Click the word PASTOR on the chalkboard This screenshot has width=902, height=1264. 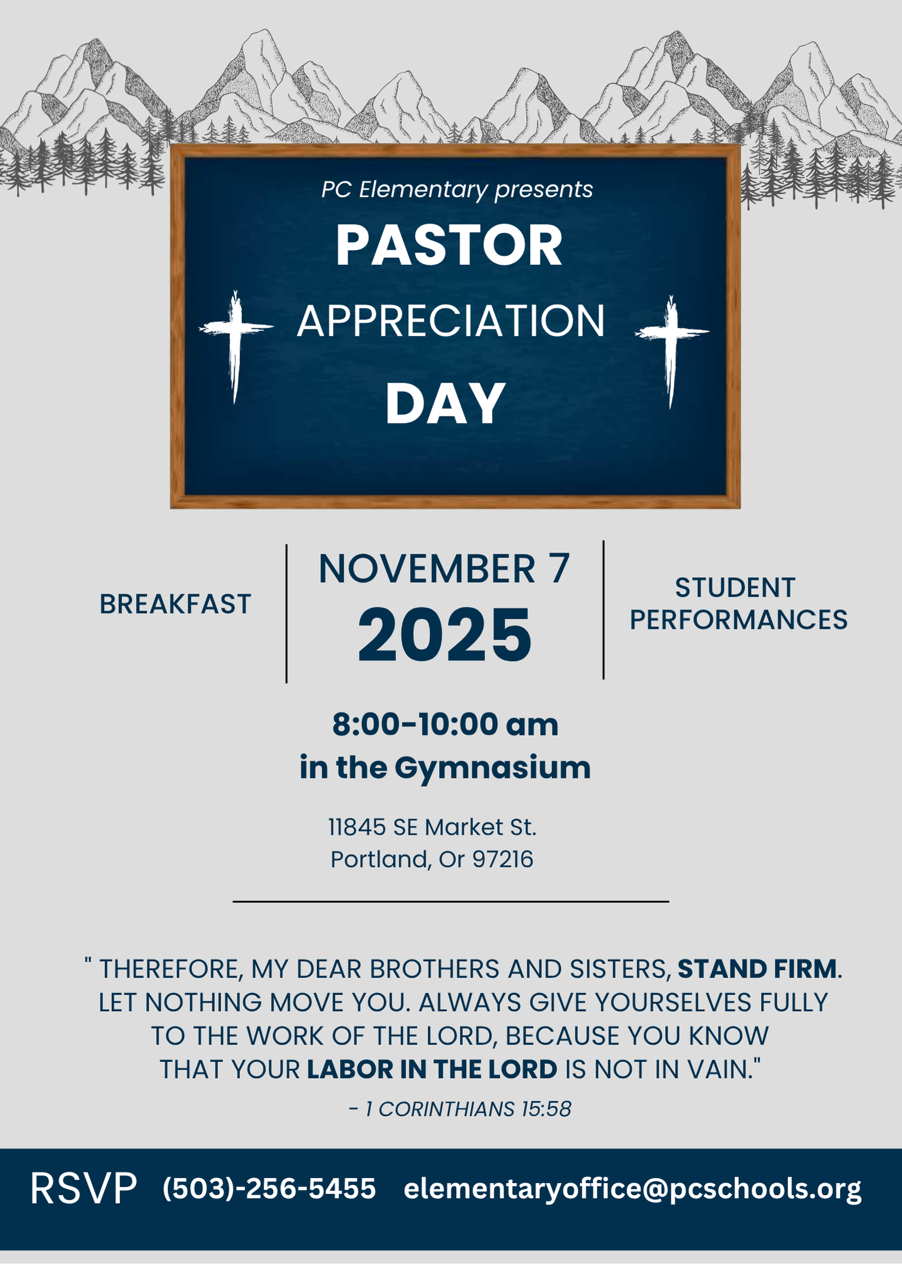click(x=448, y=245)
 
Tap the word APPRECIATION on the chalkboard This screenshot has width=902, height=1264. click(x=451, y=321)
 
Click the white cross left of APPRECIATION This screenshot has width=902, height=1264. click(x=236, y=341)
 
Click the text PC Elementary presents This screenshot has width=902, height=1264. click(x=457, y=189)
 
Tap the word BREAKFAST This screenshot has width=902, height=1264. click(x=175, y=604)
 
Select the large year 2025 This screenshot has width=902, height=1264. click(x=445, y=635)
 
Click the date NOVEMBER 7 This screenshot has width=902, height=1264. click(x=444, y=569)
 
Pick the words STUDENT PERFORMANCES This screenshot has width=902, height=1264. click(x=738, y=604)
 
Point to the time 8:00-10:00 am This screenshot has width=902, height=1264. click(x=445, y=724)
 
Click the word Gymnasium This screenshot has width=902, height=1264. click(x=493, y=769)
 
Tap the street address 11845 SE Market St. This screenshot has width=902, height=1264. click(x=432, y=827)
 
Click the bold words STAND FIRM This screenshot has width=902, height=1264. click(x=757, y=969)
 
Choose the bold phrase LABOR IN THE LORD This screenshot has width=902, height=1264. click(x=432, y=1069)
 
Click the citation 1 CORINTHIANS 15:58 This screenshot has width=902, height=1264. click(x=467, y=1109)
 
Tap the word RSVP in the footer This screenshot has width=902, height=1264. click(x=83, y=1189)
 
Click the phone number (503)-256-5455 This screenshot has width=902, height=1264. click(x=269, y=1189)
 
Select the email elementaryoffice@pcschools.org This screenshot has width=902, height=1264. click(x=632, y=1189)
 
